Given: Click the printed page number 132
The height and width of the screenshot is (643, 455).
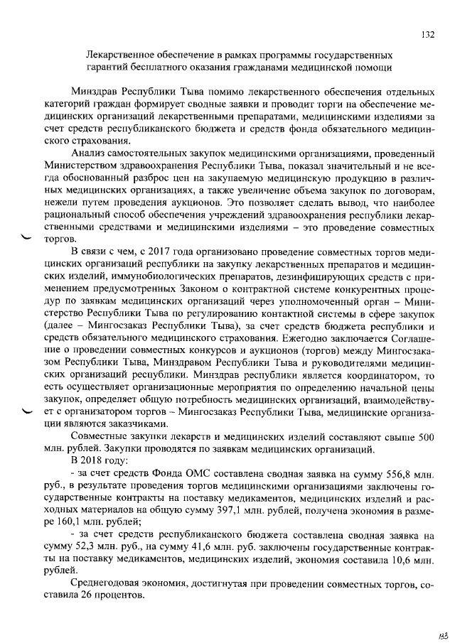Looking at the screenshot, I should tap(427, 33).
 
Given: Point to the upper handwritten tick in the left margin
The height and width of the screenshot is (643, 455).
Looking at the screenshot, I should tap(28, 237).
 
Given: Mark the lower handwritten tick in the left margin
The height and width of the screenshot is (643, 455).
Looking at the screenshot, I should tap(28, 411).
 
